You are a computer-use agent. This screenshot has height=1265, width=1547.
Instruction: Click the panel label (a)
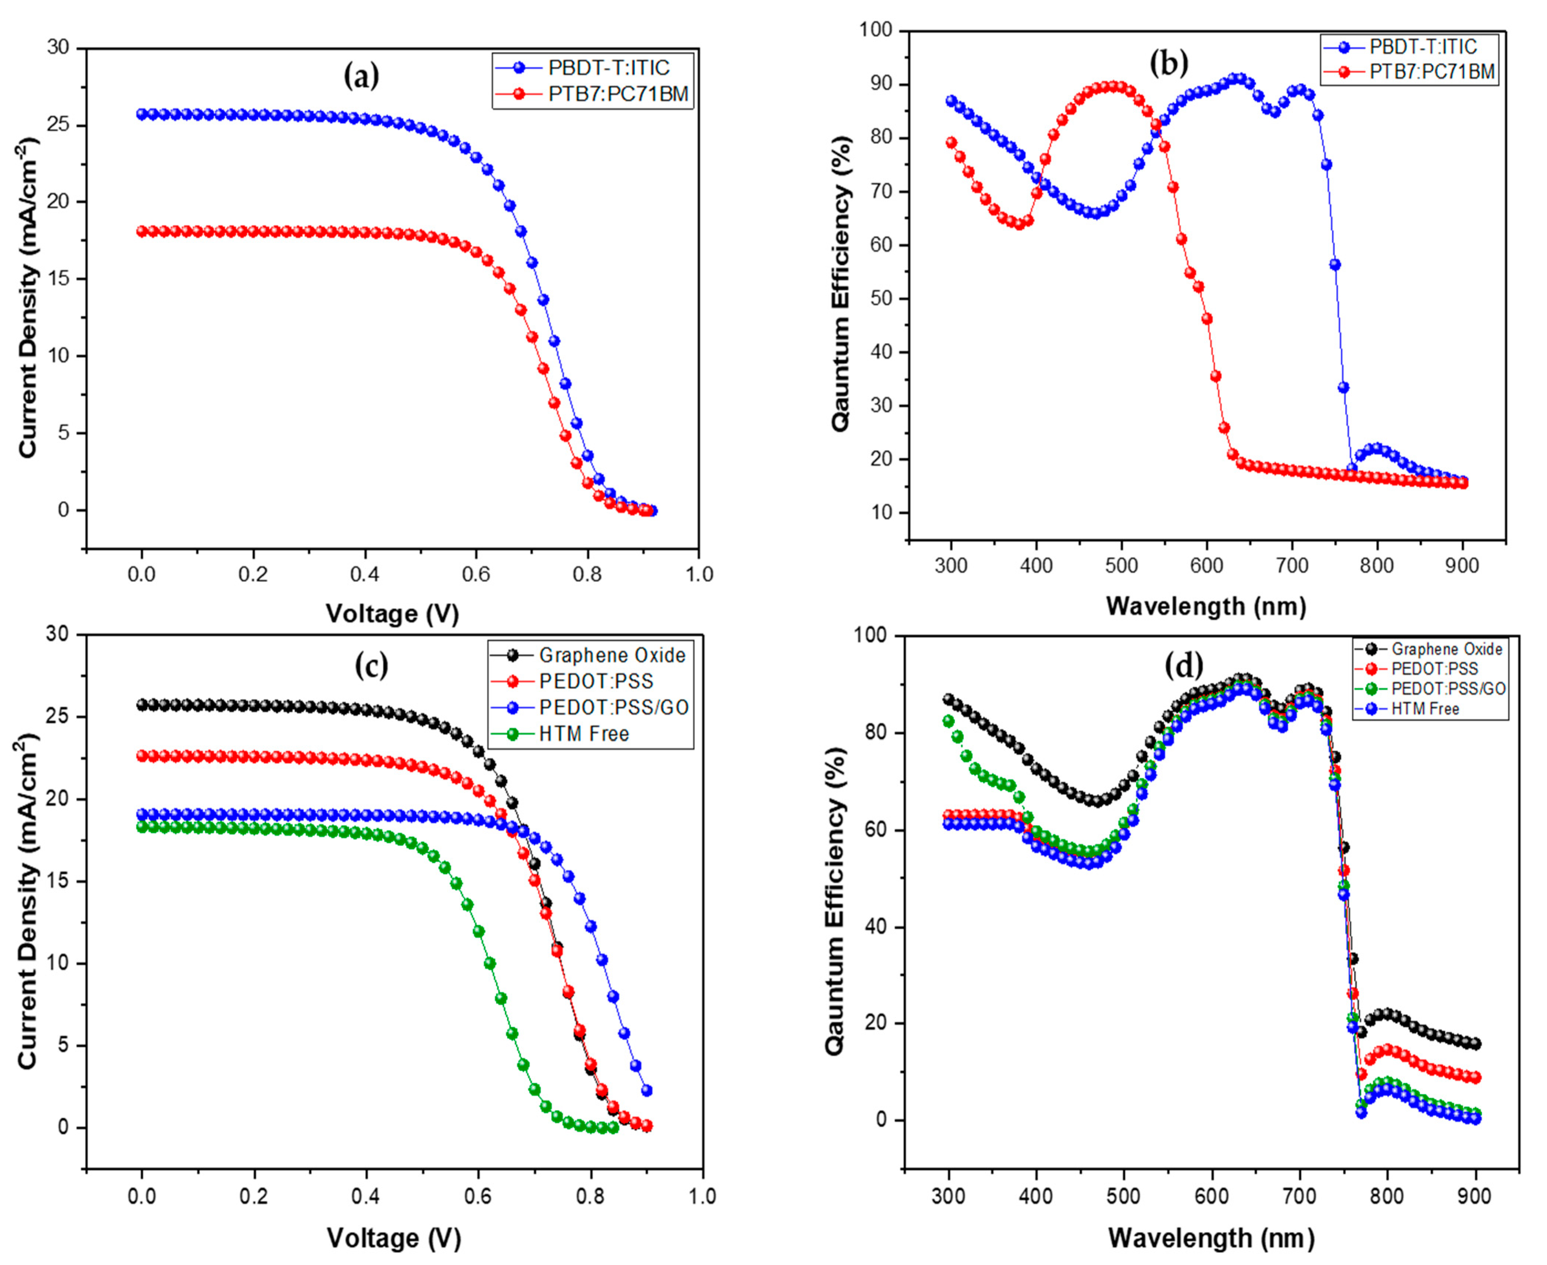click(362, 76)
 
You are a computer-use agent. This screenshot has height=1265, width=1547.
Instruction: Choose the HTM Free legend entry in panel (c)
click(583, 734)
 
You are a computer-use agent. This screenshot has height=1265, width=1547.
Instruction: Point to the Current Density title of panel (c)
click(28, 901)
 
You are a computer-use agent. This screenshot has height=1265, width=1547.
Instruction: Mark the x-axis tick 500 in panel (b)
click(1121, 565)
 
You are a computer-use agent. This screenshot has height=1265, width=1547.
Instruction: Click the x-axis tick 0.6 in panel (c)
click(478, 1196)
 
